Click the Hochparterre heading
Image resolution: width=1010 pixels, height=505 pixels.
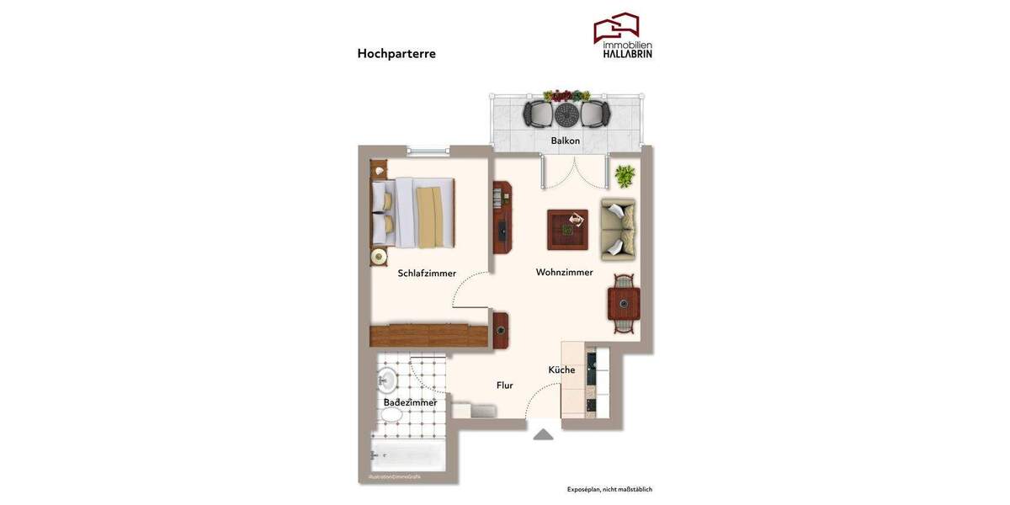pyautogui.click(x=396, y=54)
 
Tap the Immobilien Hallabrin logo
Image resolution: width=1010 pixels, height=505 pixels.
pyautogui.click(x=623, y=36)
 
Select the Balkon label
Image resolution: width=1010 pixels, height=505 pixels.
pyautogui.click(x=565, y=141)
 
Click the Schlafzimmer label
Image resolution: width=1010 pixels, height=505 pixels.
pyautogui.click(x=427, y=273)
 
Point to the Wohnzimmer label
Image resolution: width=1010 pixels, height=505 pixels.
pyautogui.click(x=564, y=272)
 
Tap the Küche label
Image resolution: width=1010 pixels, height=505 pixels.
pyautogui.click(x=561, y=369)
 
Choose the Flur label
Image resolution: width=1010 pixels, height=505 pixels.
pyautogui.click(x=505, y=385)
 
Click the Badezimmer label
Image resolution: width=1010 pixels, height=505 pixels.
pyautogui.click(x=410, y=402)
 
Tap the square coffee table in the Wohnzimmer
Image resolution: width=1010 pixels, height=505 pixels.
pyautogui.click(x=567, y=230)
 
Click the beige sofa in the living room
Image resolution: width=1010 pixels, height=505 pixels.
pyautogui.click(x=618, y=230)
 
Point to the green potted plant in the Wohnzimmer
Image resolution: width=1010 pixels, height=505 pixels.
pyautogui.click(x=625, y=176)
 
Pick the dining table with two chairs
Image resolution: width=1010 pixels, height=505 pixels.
pyautogui.click(x=624, y=304)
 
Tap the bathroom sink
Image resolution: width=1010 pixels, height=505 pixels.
pyautogui.click(x=387, y=380)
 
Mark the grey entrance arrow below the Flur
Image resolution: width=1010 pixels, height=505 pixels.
pyautogui.click(x=543, y=434)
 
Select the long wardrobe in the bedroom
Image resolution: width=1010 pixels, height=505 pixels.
pyautogui.click(x=429, y=336)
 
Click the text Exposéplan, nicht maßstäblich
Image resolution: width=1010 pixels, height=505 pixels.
pyautogui.click(x=609, y=489)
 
